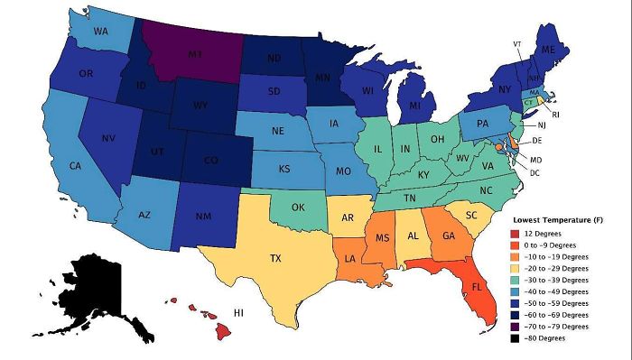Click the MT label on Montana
(x=195, y=55)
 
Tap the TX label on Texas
(x=275, y=258)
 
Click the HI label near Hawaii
(x=240, y=312)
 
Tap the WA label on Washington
(x=101, y=32)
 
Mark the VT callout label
(x=517, y=43)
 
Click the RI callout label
(x=555, y=115)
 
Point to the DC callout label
(x=534, y=172)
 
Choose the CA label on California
(x=76, y=166)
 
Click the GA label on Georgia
(x=448, y=235)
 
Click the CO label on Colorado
(x=210, y=161)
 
